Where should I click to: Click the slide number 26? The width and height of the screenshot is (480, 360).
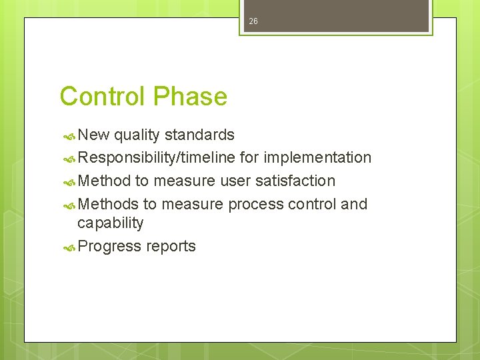coord(253,22)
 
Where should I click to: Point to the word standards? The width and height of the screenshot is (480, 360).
coord(199,135)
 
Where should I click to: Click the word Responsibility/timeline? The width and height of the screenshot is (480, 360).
coord(157,158)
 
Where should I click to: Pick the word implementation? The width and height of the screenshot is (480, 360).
coord(317,158)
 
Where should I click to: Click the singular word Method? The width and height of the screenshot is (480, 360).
coord(104,181)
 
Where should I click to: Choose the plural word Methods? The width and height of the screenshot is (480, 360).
coord(108,204)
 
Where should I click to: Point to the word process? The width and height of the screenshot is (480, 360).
coord(255,204)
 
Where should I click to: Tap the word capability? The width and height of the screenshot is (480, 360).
coord(110,223)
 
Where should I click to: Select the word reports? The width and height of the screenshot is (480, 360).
coord(171,246)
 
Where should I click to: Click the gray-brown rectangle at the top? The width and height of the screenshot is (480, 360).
coord(336,15)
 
